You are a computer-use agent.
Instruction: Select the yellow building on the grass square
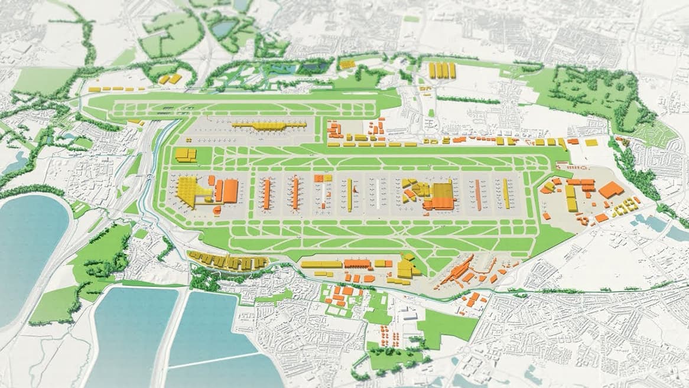(186, 155)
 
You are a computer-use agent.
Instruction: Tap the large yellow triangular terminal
(190, 191)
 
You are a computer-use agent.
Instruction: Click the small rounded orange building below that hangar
(217, 210)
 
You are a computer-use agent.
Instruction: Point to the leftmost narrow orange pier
(267, 194)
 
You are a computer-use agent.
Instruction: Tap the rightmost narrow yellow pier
(506, 193)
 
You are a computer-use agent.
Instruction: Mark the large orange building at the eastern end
(610, 190)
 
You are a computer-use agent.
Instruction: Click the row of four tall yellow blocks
(443, 70)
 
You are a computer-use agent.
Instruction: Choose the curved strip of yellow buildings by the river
(227, 260)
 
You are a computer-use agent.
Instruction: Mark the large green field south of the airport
(446, 325)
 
